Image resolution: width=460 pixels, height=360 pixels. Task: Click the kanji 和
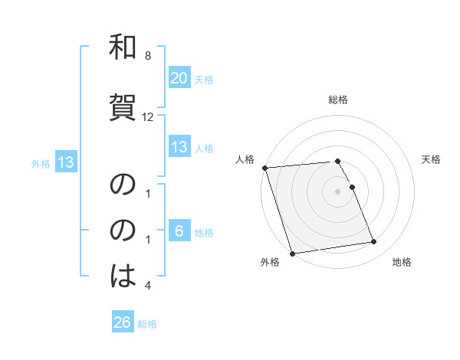click(x=123, y=48)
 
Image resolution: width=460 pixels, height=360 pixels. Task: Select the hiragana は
click(x=123, y=275)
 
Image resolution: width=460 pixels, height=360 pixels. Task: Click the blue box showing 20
click(x=179, y=78)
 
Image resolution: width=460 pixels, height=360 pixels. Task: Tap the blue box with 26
click(x=122, y=323)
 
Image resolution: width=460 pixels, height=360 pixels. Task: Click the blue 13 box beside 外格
click(x=64, y=162)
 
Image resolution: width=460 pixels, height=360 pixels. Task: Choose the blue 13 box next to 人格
click(x=179, y=148)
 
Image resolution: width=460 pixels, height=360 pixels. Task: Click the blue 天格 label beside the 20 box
click(x=203, y=80)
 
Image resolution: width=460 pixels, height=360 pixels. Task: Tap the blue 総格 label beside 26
click(x=147, y=324)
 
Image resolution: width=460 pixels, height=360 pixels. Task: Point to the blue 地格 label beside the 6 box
click(x=203, y=233)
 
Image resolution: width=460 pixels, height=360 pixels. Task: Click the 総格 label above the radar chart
click(x=338, y=100)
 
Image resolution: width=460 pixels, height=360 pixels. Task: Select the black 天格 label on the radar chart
click(x=431, y=159)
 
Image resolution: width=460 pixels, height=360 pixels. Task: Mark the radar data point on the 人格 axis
click(x=264, y=168)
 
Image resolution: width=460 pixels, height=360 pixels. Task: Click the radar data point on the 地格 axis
click(x=373, y=242)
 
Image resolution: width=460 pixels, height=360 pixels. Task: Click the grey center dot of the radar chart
click(x=338, y=191)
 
